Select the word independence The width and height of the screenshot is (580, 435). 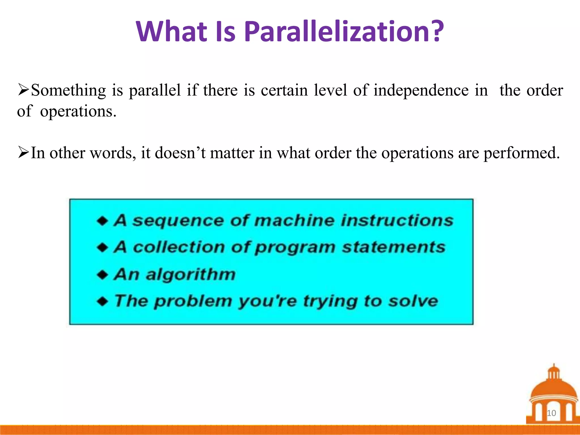(x=421, y=91)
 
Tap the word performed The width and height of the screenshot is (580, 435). (x=521, y=153)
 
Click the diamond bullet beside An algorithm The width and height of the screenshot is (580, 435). (x=102, y=275)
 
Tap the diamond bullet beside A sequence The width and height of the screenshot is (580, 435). (x=102, y=221)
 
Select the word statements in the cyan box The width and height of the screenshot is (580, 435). (x=394, y=247)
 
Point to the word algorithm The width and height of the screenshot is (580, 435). (x=190, y=275)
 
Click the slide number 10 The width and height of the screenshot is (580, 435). (x=551, y=413)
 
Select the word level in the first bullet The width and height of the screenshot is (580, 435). (x=330, y=91)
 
